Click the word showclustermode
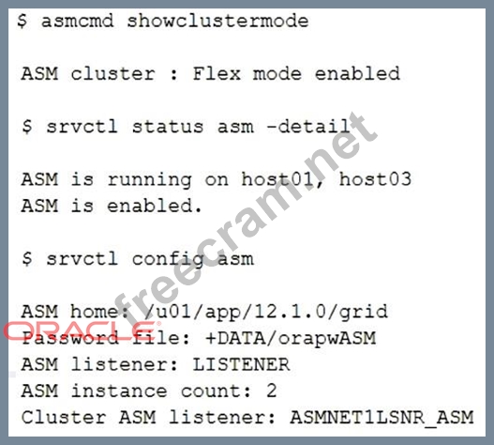tap(217, 22)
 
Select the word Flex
tap(217, 74)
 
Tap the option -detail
tap(308, 127)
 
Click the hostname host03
tap(375, 179)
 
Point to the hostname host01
tap(277, 180)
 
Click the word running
tap(150, 180)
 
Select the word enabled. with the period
tap(154, 206)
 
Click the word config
tap(168, 260)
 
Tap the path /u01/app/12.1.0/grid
tap(266, 312)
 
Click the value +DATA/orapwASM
tap(291, 338)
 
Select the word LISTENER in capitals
tap(241, 364)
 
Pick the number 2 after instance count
tap(272, 391)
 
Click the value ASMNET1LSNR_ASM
tap(382, 417)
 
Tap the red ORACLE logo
tap(82, 330)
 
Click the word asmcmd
tap(77, 22)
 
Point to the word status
tap(168, 127)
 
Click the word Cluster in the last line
tap(64, 417)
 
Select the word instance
tap(119, 391)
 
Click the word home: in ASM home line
tap(100, 312)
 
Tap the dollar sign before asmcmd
tap(22, 22)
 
